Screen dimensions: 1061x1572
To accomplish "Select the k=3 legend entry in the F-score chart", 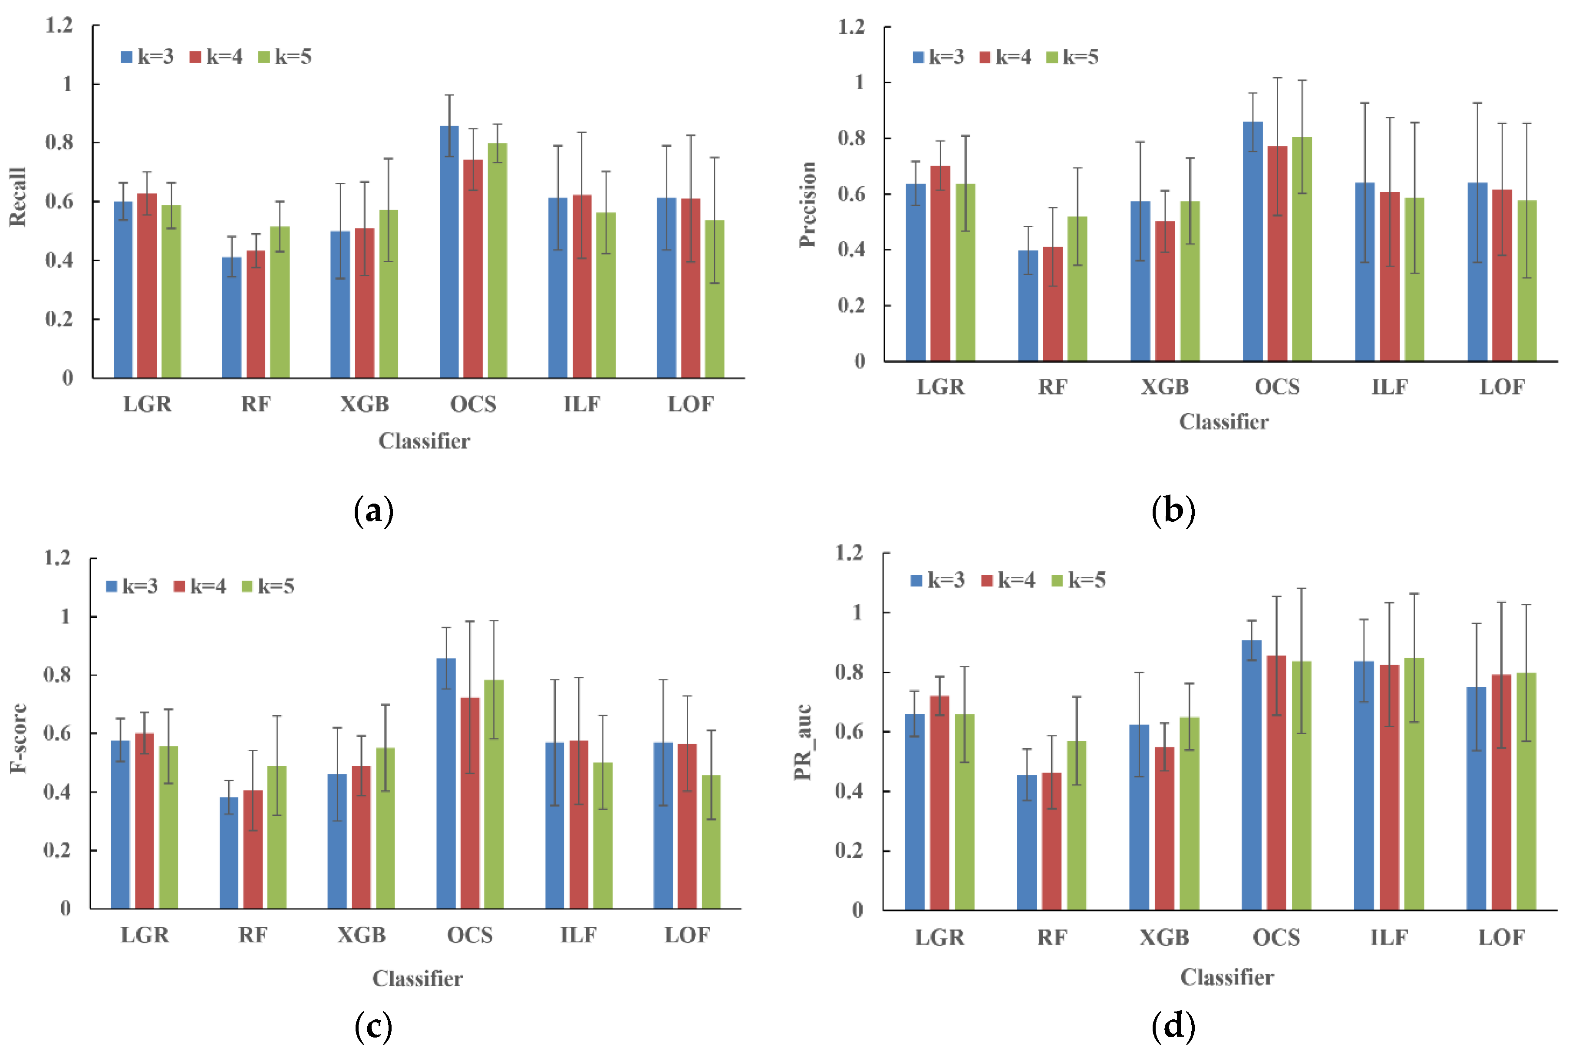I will coord(132,587).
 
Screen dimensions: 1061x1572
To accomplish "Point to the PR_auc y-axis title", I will coord(802,742).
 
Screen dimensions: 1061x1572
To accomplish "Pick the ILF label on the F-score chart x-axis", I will coord(578,935).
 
